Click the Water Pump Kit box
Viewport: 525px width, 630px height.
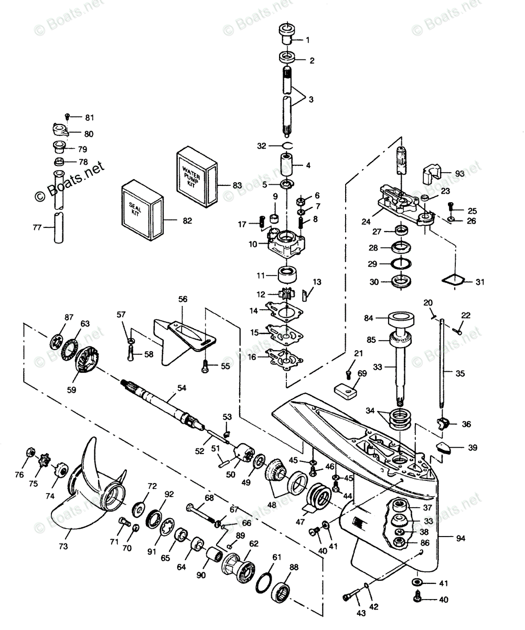pos(197,177)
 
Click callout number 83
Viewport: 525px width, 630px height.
pos(237,185)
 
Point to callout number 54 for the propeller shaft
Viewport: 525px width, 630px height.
pos(181,388)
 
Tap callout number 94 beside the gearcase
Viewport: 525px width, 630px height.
pos(460,538)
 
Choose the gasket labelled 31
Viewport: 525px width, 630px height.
pos(453,280)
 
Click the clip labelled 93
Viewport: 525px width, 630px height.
pos(431,175)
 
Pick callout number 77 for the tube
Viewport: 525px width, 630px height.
pos(37,227)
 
